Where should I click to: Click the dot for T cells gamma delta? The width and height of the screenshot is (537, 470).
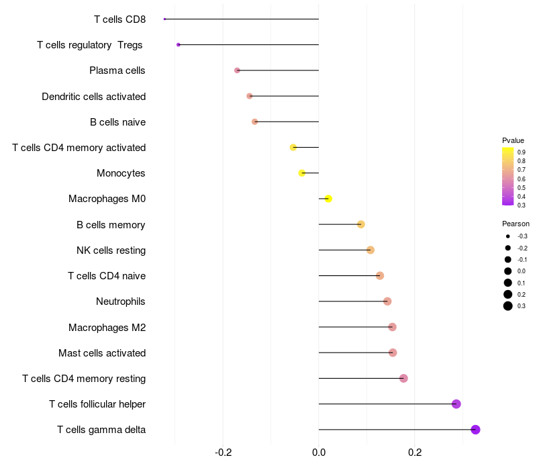(475, 430)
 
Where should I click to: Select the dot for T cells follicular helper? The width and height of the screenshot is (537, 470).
(456, 404)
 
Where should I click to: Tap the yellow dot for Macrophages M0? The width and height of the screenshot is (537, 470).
(328, 199)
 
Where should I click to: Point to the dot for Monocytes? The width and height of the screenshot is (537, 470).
(302, 173)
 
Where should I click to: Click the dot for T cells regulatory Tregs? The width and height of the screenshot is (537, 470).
(179, 44)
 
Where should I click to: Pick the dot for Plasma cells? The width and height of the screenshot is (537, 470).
(237, 70)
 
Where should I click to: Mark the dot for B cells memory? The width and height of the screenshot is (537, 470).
(361, 224)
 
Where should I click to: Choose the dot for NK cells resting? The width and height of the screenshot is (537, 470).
(371, 250)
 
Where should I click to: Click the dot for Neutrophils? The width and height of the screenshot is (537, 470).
(387, 301)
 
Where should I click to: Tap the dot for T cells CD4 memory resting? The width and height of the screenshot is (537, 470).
(403, 379)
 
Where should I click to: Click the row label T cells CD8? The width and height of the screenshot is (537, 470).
(119, 19)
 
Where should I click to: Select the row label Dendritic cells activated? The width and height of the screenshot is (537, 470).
(93, 97)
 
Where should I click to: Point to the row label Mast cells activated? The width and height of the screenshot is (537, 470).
(102, 353)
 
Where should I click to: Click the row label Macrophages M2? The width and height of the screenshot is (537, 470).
(107, 328)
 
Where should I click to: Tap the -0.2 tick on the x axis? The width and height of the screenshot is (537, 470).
(224, 453)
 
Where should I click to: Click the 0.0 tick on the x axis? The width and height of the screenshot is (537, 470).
(319, 453)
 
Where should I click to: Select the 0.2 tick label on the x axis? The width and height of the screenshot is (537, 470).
(414, 453)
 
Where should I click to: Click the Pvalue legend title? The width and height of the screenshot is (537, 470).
(513, 140)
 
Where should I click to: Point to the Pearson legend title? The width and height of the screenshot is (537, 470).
(516, 224)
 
